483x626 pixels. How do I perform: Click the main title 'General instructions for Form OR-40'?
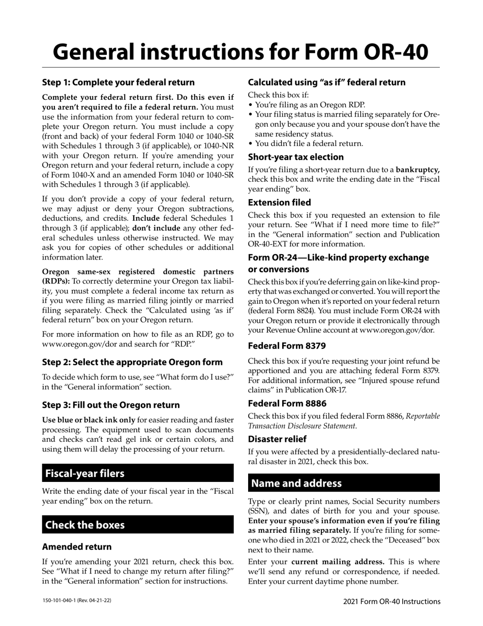[240, 51]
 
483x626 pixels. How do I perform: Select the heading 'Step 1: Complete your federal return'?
[118, 82]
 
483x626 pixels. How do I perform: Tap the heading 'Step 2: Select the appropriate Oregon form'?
[132, 362]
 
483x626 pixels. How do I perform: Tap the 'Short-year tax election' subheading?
[296, 157]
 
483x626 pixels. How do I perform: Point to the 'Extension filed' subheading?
[280, 202]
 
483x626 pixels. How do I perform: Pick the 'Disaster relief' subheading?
[277, 438]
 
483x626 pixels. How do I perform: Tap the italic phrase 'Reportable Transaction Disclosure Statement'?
[344, 421]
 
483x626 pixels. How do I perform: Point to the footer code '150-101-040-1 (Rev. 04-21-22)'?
[77, 601]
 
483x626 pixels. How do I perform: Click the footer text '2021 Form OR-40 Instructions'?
[391, 601]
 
